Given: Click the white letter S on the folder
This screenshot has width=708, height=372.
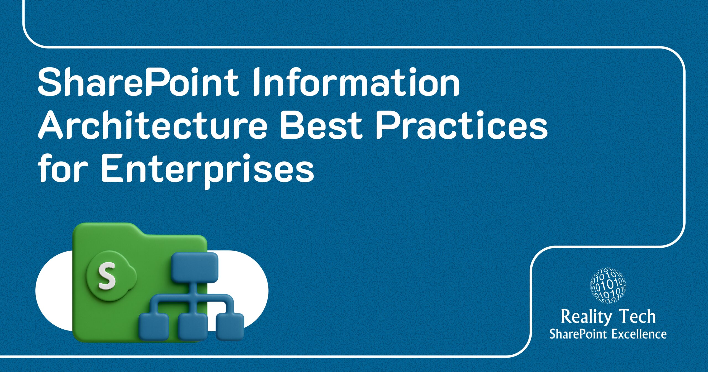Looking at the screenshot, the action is (x=107, y=277).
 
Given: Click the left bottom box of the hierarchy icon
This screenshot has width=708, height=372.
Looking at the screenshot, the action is (x=154, y=327).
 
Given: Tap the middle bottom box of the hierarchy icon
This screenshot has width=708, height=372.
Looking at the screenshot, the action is (x=192, y=327).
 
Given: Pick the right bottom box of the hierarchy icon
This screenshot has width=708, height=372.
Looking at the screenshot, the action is (x=230, y=327).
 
